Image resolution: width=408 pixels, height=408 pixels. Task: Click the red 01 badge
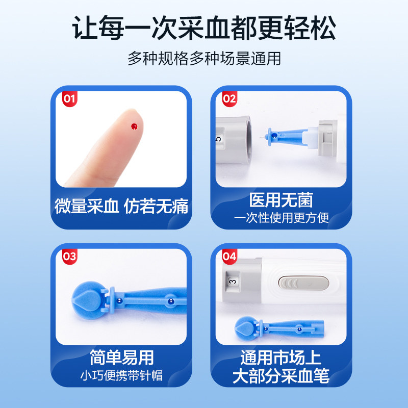coord(69,98)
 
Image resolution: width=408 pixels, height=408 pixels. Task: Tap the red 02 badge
coord(229,98)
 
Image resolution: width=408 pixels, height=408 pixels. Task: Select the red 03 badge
coord(69,256)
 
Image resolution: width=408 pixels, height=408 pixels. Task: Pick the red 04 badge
coord(229,256)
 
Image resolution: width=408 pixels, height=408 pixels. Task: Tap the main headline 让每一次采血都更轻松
coord(204,28)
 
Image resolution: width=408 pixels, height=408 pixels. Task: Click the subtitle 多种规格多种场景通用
coord(204,58)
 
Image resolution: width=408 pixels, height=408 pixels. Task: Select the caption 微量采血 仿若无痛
coord(121,206)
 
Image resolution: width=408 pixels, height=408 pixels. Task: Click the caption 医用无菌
coord(281,199)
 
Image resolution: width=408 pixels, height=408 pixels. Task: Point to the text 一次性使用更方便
coord(281,218)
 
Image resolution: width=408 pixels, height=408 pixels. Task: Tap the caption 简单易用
coord(121,357)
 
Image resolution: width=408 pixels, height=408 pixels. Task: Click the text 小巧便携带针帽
coord(121,376)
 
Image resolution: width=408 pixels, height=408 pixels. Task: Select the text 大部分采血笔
coord(281,376)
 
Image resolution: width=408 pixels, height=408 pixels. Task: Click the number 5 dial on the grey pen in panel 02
coord(218,138)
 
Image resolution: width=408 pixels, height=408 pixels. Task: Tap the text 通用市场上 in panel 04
coord(281,357)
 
